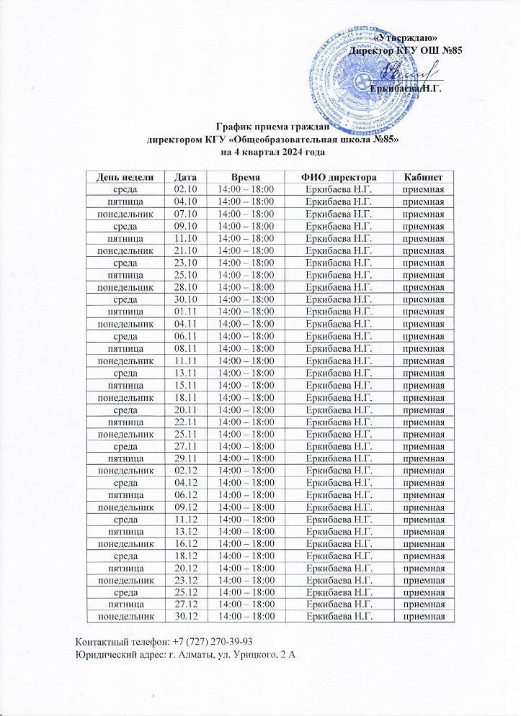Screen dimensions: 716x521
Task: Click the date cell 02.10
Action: click(186, 189)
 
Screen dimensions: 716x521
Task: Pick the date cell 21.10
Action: click(186, 250)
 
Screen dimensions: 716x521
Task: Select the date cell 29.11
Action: click(186, 457)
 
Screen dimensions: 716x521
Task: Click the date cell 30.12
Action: click(186, 616)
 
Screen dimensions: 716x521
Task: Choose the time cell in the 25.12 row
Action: click(246, 592)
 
